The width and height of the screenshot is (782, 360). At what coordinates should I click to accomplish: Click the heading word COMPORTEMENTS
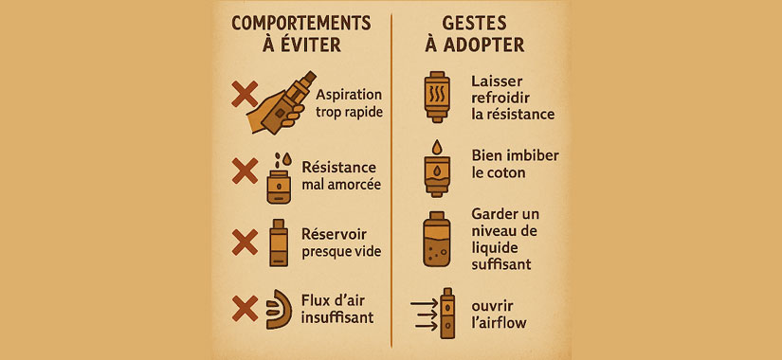point(301,24)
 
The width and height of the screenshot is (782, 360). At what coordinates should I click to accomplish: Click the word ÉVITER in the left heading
point(316,45)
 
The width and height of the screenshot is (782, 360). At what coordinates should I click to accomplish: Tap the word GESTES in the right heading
point(474,24)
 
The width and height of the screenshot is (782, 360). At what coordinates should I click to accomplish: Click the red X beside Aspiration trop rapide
point(245,94)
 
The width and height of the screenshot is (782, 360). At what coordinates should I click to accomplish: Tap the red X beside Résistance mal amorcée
point(245,171)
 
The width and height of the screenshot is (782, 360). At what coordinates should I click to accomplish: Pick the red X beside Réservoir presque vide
point(245,242)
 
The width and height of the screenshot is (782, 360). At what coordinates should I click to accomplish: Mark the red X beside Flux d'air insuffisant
point(245,308)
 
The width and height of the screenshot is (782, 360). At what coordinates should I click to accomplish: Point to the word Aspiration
point(349,95)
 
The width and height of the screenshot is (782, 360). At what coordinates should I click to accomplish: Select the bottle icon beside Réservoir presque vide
point(279,243)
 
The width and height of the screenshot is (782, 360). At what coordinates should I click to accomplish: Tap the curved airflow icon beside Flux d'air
point(281,309)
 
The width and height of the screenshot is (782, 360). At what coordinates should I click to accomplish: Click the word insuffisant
point(337,317)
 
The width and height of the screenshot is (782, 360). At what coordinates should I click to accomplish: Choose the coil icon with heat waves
point(437,97)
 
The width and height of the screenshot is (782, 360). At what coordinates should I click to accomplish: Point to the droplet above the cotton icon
point(437,147)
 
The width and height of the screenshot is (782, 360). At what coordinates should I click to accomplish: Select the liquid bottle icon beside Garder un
point(437,239)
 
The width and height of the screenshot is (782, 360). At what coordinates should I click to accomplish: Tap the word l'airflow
point(499,323)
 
